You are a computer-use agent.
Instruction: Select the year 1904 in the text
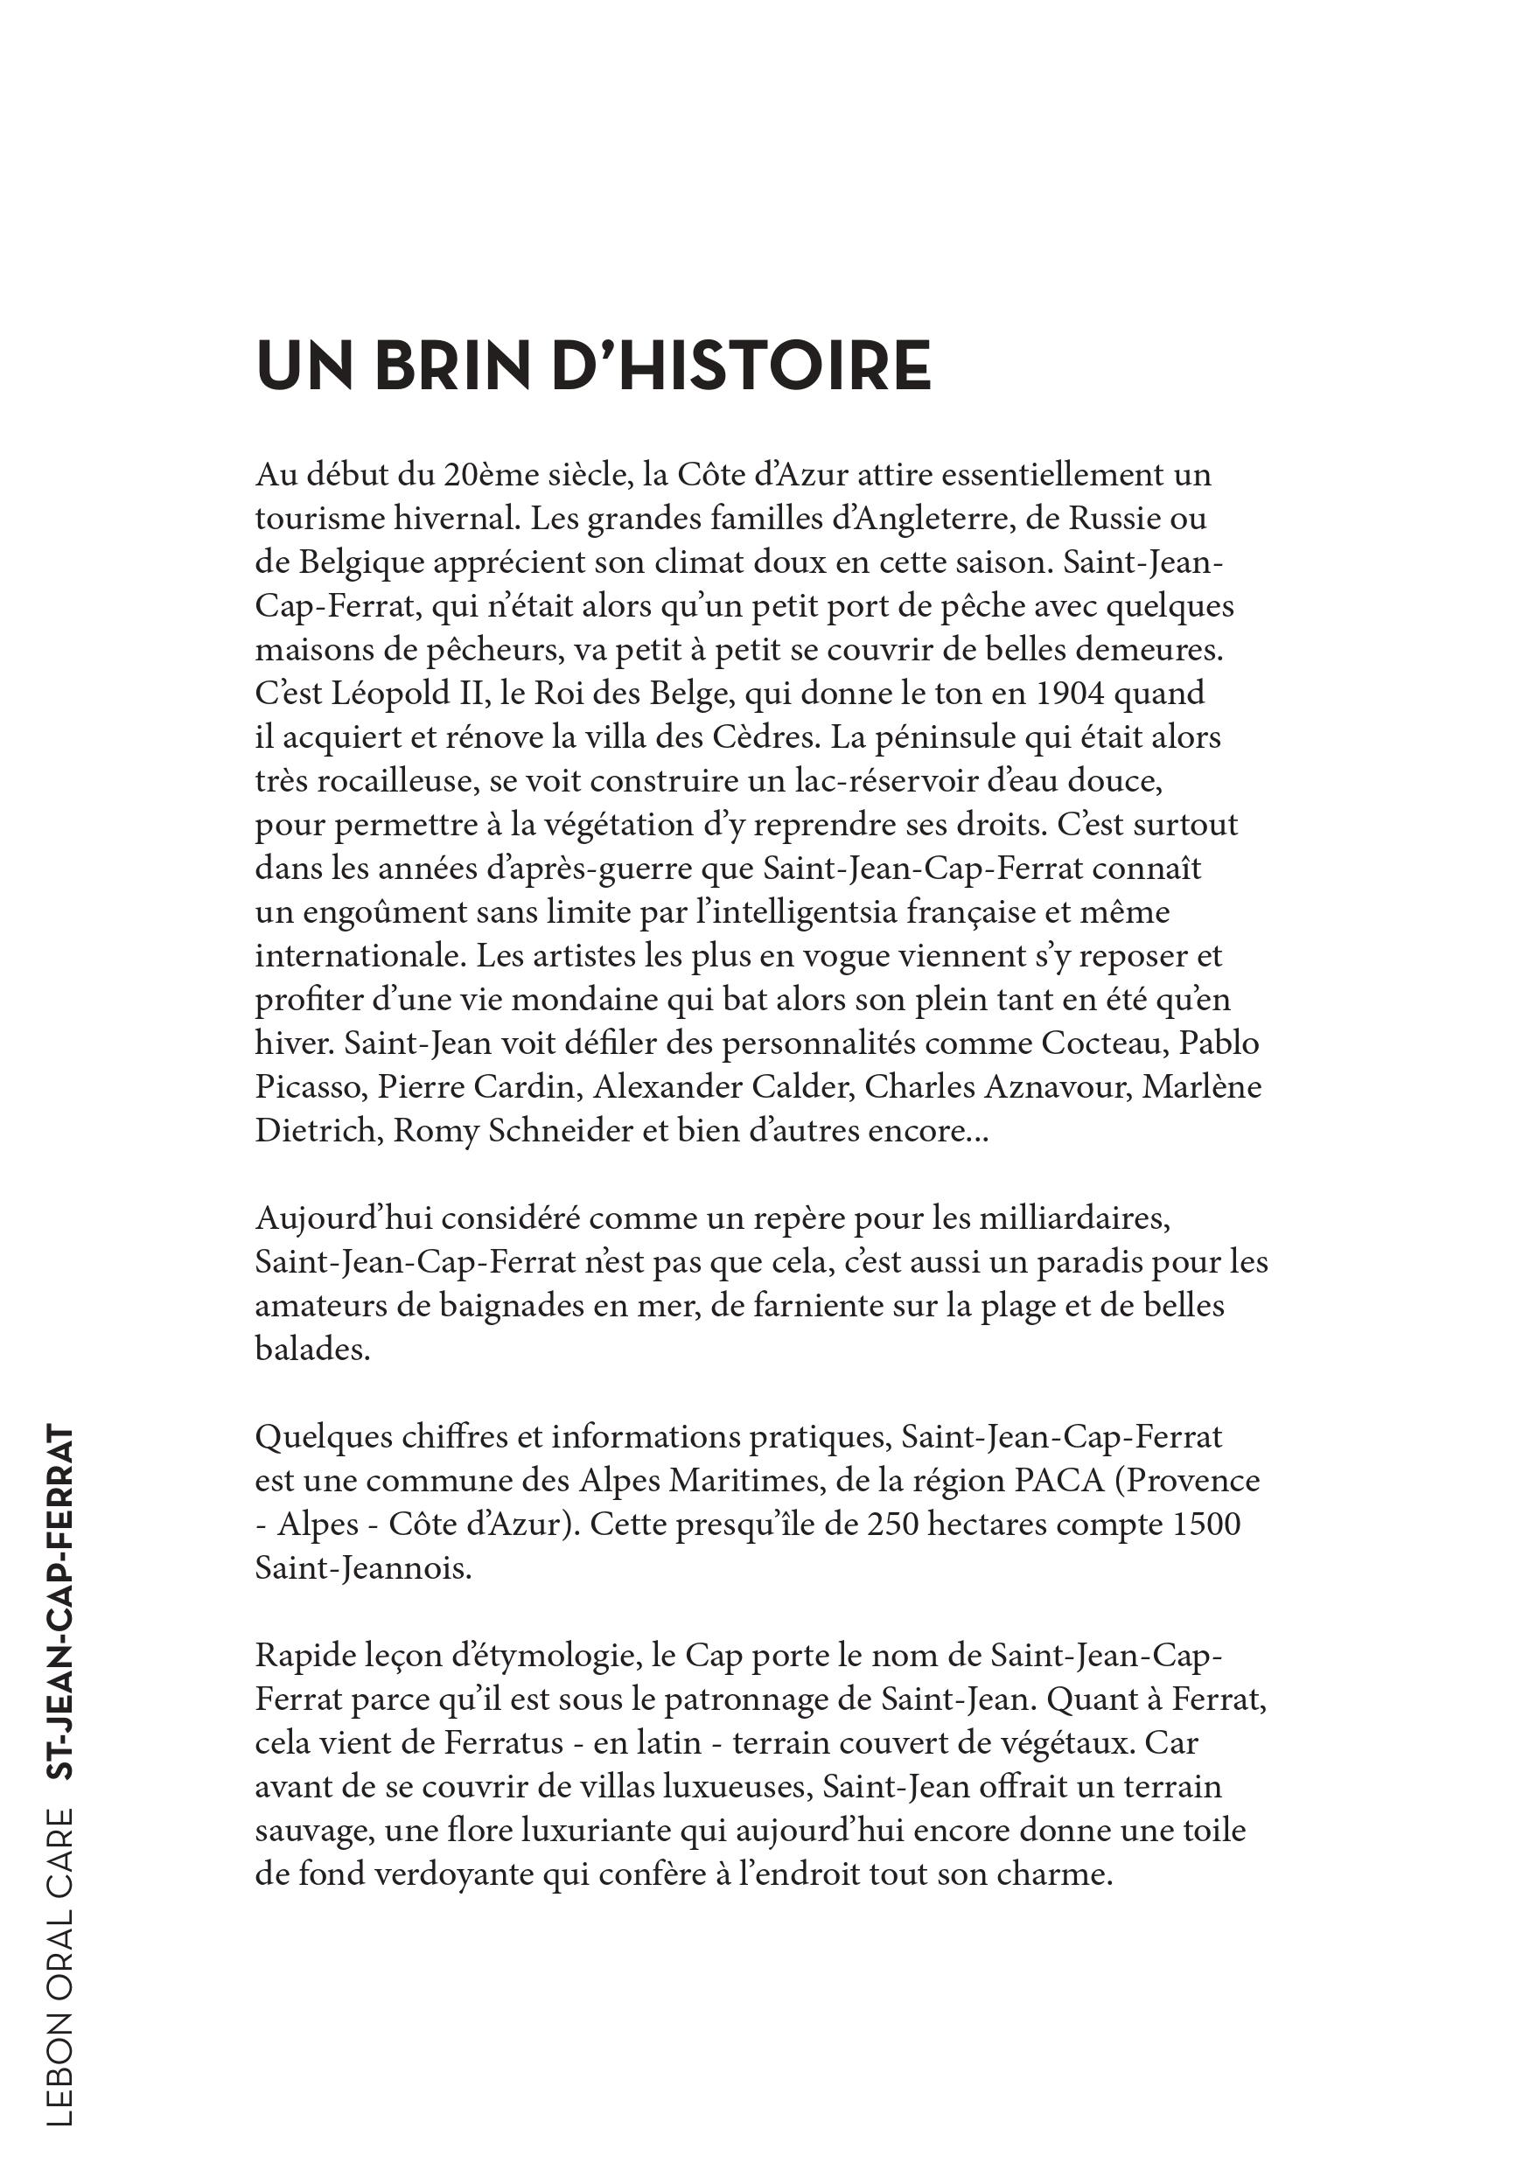click(x=1072, y=694)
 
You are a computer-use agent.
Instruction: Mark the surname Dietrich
click(x=315, y=1131)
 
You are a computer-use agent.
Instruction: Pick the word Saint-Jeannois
click(x=363, y=1569)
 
